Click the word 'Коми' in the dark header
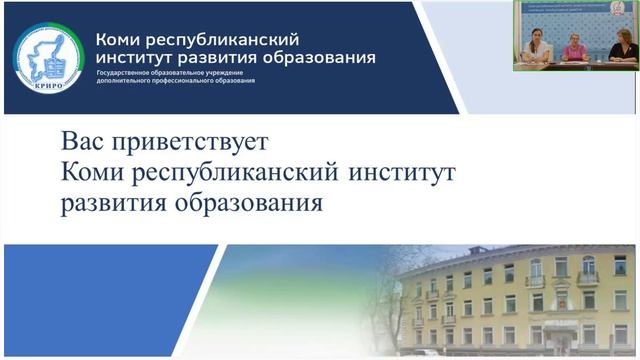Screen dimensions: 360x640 (x=118, y=40)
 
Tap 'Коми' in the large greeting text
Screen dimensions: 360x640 (x=96, y=172)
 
